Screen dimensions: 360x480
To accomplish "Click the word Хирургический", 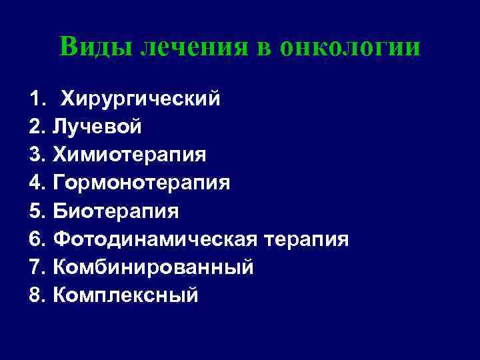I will click(x=140, y=99).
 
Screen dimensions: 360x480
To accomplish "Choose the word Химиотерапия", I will click(x=129, y=155).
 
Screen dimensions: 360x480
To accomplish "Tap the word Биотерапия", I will click(x=116, y=211).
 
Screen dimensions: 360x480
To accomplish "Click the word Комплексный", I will click(x=125, y=295).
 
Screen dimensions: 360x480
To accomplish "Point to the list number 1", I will click(x=37, y=99).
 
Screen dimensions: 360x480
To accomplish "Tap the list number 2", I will click(x=37, y=127).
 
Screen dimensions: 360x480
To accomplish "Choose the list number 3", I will click(x=37, y=155).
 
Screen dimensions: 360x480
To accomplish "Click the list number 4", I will click(x=37, y=183).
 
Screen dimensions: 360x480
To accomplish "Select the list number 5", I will click(x=37, y=211).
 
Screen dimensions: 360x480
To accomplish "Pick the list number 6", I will click(x=37, y=239).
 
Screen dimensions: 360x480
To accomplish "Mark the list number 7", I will click(x=37, y=267).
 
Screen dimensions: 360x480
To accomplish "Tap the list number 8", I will click(x=37, y=295).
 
